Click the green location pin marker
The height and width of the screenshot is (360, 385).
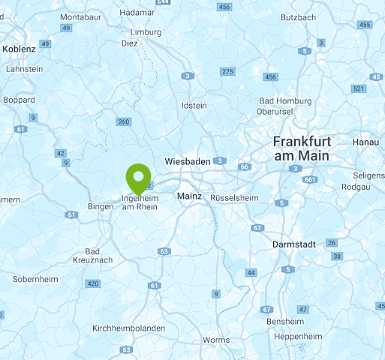[x=138, y=177]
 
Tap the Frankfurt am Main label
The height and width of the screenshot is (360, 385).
[x=302, y=148]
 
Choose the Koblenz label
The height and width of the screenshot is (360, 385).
[x=19, y=49]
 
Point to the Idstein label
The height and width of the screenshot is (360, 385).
[x=194, y=106]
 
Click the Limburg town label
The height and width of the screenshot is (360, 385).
[x=146, y=32]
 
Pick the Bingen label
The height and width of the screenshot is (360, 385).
[x=100, y=206]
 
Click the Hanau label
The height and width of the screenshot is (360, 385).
[x=366, y=141]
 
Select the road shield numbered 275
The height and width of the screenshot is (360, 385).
[x=227, y=71]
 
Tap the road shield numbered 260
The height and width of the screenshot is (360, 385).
[x=124, y=121]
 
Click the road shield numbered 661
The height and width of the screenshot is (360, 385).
[x=310, y=180]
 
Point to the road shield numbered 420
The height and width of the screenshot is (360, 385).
[x=92, y=283]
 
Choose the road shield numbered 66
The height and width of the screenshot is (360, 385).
[x=244, y=167]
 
